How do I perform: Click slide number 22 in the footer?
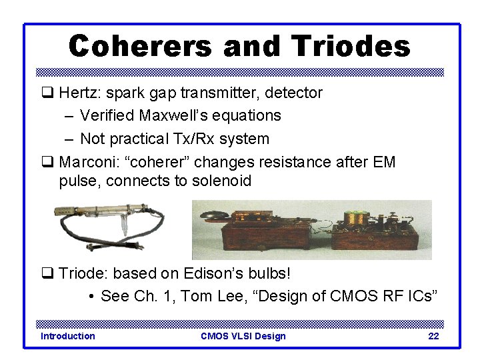point(433,336)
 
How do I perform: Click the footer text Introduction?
point(68,336)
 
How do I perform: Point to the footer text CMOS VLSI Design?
point(243,336)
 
